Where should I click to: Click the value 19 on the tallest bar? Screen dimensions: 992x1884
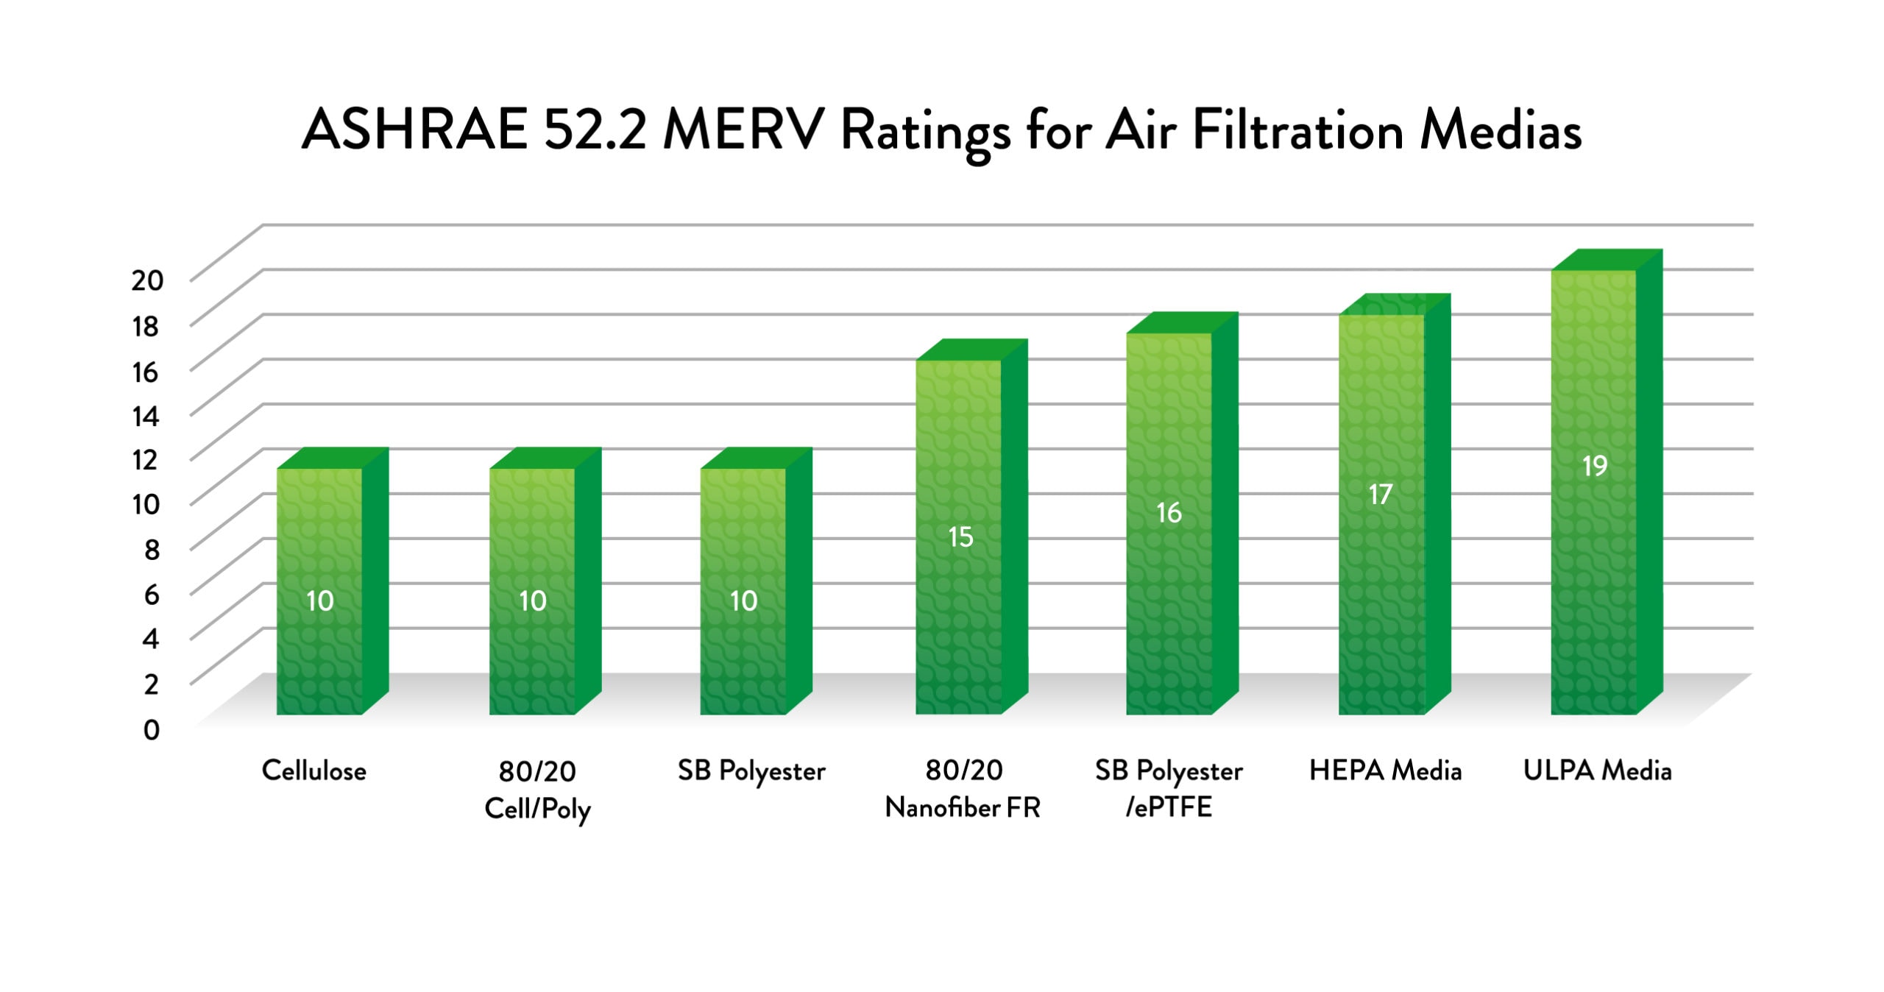(1595, 466)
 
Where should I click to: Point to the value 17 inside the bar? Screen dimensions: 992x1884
(1381, 495)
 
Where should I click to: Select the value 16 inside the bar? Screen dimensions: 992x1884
(1169, 513)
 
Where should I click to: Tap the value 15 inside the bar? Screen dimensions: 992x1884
(960, 537)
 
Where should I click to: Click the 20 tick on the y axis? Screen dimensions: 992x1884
(147, 280)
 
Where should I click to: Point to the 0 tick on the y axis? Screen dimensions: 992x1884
(152, 730)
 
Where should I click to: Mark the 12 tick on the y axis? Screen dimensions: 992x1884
(146, 460)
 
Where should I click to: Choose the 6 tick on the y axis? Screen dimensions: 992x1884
(152, 595)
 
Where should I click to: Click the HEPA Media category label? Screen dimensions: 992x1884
(1385, 770)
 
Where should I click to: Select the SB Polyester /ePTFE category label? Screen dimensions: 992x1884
(1169, 789)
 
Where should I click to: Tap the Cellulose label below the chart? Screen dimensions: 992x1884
(314, 770)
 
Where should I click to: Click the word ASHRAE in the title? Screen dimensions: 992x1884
(414, 130)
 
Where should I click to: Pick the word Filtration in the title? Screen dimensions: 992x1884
(1298, 130)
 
